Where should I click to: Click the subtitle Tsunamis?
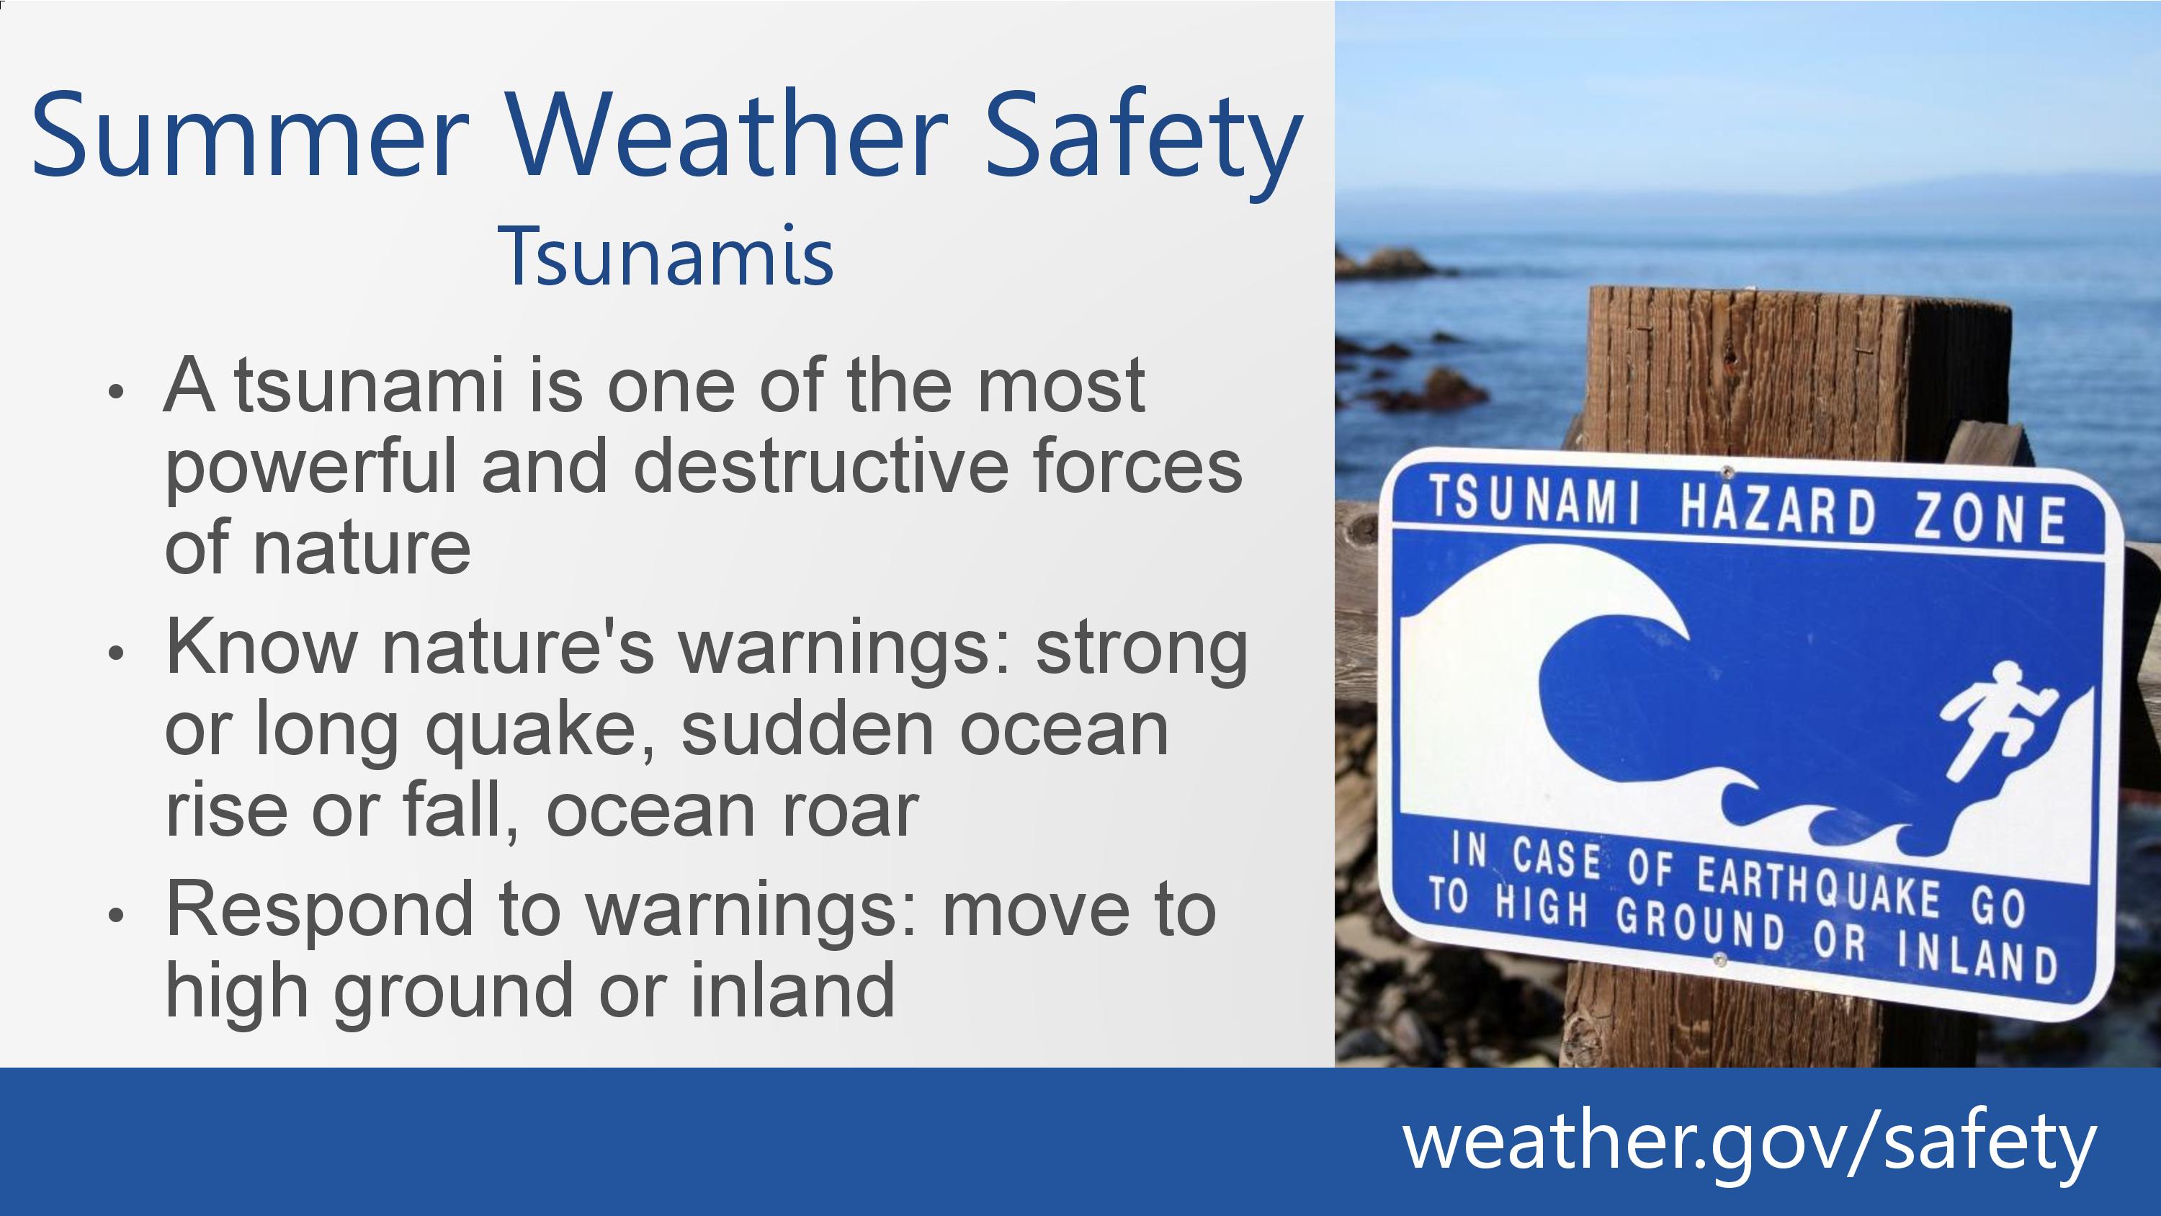pos(666,255)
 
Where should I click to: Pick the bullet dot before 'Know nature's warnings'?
pos(117,653)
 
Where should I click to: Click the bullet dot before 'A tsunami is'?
pos(117,391)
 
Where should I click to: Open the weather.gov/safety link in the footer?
pos(1749,1142)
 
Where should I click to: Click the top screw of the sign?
pos(1727,473)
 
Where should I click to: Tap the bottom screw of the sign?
pos(1718,960)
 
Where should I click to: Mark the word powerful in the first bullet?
pos(310,468)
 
